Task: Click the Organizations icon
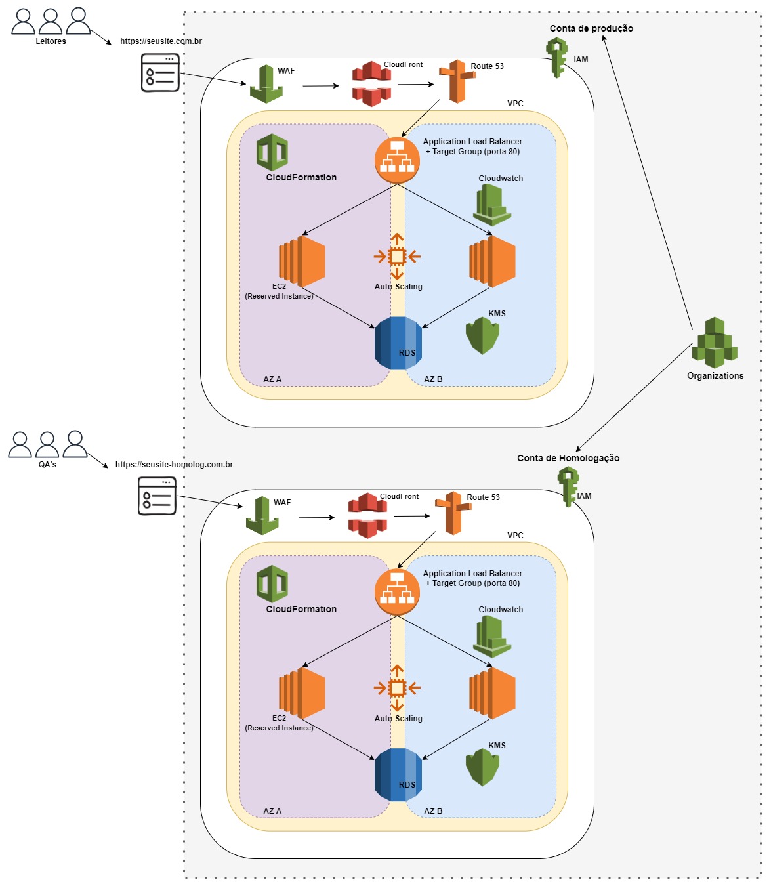(x=715, y=343)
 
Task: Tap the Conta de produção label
(x=591, y=28)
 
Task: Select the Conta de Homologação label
(x=568, y=458)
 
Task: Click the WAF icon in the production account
(x=266, y=84)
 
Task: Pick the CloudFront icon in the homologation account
(x=367, y=515)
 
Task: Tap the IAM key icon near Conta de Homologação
(x=568, y=486)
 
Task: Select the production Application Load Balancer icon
(x=397, y=160)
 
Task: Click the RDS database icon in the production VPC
(x=398, y=343)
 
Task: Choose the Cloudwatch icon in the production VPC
(x=492, y=205)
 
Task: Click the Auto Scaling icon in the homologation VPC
(x=397, y=688)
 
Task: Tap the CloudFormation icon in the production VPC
(x=272, y=152)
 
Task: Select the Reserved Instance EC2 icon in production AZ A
(x=302, y=261)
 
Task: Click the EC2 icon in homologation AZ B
(x=492, y=693)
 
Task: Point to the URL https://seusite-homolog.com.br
(x=174, y=465)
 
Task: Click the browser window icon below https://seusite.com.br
(x=160, y=73)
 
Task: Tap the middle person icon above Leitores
(x=51, y=22)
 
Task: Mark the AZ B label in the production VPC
(x=433, y=379)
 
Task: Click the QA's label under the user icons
(x=47, y=465)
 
